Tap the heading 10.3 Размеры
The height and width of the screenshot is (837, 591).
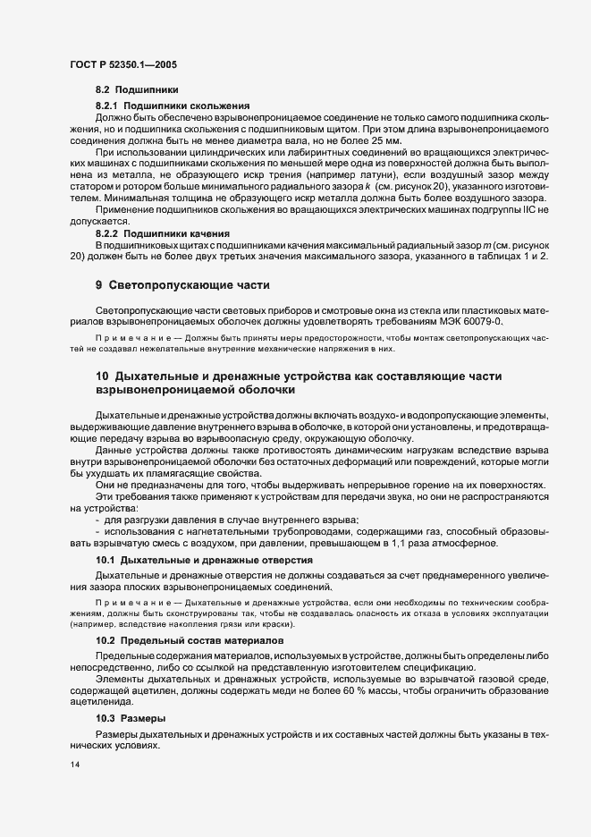129,719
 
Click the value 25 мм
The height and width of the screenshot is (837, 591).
385,141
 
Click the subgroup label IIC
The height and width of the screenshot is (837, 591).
534,209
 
